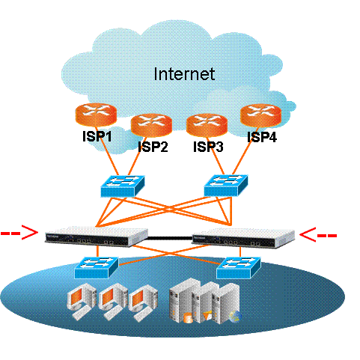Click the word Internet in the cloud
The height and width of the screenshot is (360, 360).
click(x=184, y=74)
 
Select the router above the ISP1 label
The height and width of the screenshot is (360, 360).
click(x=96, y=115)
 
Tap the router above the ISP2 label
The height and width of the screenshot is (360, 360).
click(x=151, y=125)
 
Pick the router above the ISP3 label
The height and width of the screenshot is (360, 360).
click(x=207, y=125)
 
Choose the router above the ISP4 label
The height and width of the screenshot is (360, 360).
click(x=260, y=115)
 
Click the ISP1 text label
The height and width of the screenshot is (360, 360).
click(x=97, y=136)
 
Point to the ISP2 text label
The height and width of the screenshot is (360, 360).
click(x=153, y=147)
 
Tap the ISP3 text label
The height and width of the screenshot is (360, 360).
click(x=208, y=147)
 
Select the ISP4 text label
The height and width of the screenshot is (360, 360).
click(x=262, y=137)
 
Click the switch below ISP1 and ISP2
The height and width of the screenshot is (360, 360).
click(x=123, y=186)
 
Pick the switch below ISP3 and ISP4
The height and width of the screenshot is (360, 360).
click(x=226, y=186)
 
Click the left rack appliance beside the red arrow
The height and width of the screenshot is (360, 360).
click(x=97, y=237)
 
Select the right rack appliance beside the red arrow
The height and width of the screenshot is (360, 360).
click(x=243, y=237)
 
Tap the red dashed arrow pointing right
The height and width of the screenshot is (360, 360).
click(x=19, y=233)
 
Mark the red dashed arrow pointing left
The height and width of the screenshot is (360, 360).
click(x=318, y=235)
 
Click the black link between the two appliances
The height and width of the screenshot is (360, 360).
click(x=170, y=238)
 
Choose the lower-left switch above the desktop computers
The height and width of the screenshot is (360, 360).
click(x=97, y=267)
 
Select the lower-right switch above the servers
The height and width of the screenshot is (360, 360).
click(x=239, y=268)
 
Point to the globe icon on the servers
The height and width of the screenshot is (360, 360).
click(x=235, y=317)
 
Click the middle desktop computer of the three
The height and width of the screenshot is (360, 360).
click(x=112, y=302)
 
